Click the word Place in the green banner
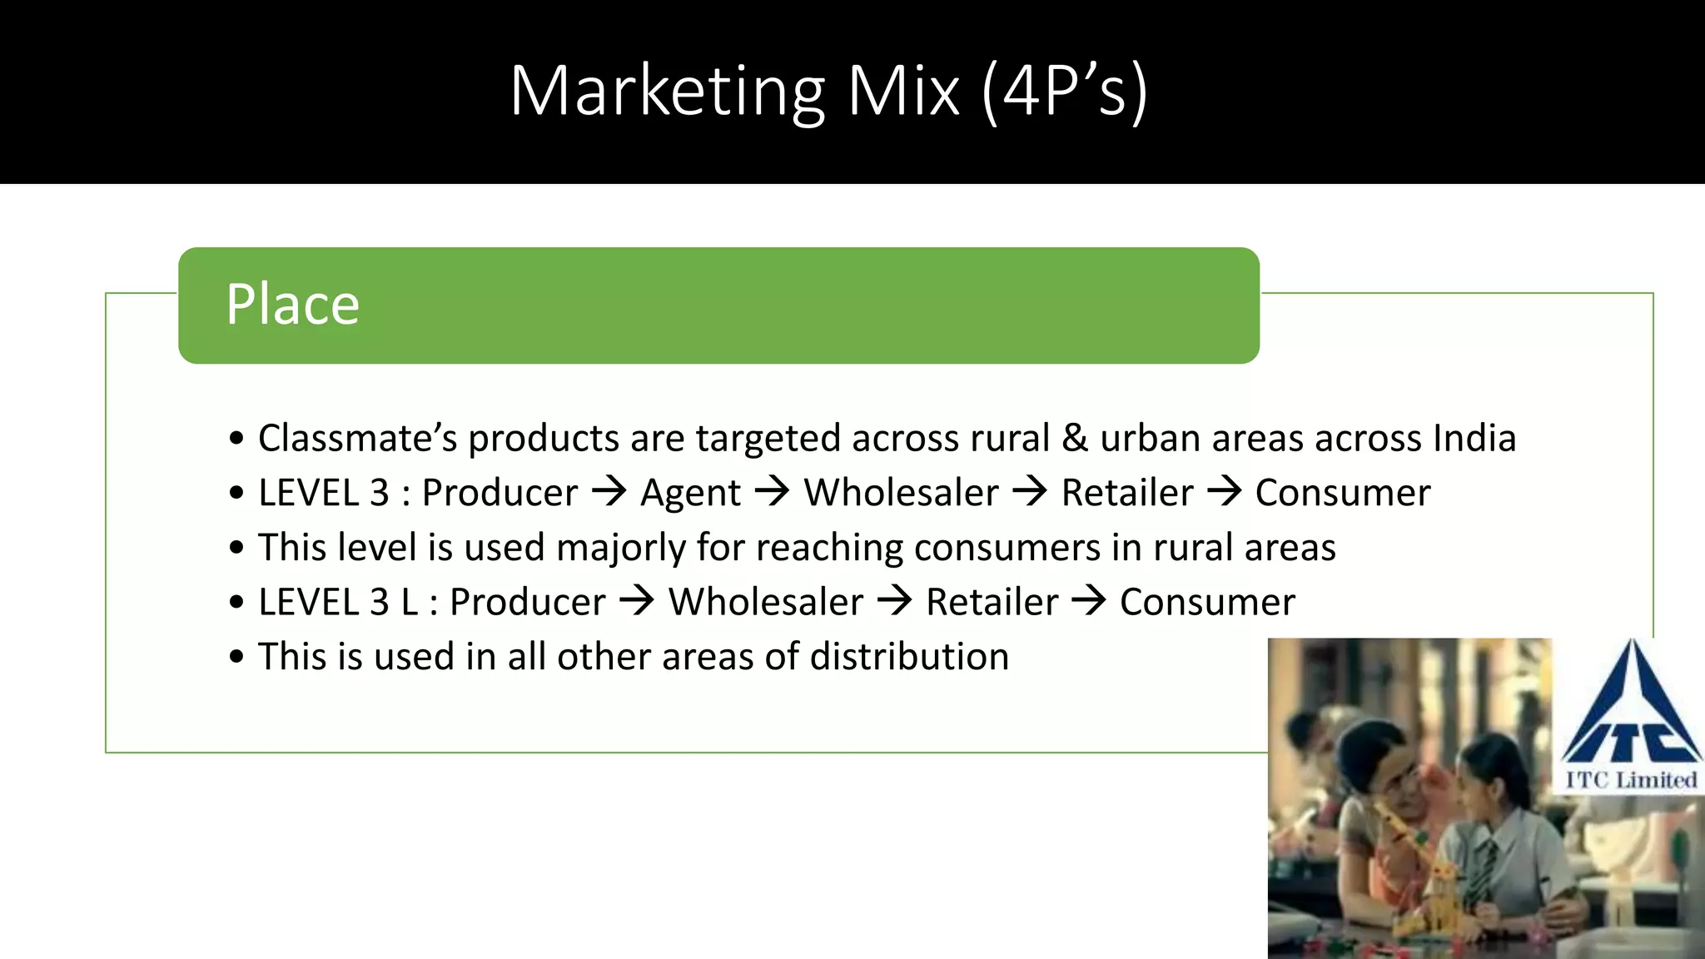click(x=292, y=305)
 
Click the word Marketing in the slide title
click(x=667, y=91)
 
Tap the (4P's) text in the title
click(x=1065, y=91)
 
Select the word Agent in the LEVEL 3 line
click(x=690, y=493)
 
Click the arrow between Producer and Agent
click(x=609, y=491)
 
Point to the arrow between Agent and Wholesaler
click(x=772, y=491)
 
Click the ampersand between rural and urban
click(x=1075, y=438)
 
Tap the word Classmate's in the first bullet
click(x=357, y=438)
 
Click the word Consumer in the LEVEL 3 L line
click(x=1207, y=602)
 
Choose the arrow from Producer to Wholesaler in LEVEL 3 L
click(x=637, y=600)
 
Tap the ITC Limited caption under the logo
click(x=1631, y=780)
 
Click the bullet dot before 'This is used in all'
click(x=237, y=657)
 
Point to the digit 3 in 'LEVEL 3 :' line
click(x=380, y=493)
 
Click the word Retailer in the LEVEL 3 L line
click(x=992, y=602)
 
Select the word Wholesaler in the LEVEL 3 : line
click(x=901, y=493)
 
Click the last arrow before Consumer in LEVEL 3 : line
click(x=1224, y=491)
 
